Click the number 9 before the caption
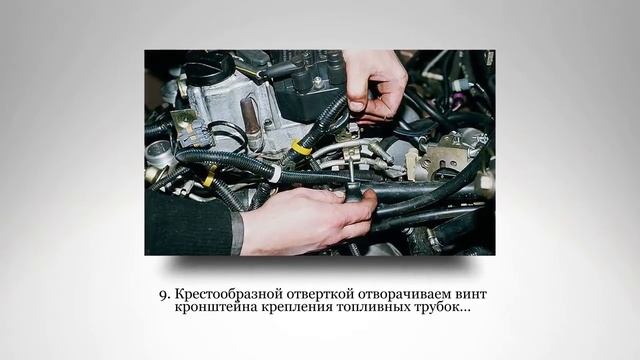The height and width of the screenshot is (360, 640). (x=163, y=295)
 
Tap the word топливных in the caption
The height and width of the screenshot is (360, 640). (x=374, y=307)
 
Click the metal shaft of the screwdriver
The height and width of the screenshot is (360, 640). (x=350, y=172)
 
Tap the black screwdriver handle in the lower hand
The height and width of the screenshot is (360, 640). (x=353, y=193)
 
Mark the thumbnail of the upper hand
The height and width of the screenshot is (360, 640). (x=356, y=106)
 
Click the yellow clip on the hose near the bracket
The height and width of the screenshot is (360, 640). (x=299, y=147)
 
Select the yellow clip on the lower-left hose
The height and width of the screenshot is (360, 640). (x=210, y=176)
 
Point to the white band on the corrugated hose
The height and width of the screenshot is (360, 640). (x=276, y=173)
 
